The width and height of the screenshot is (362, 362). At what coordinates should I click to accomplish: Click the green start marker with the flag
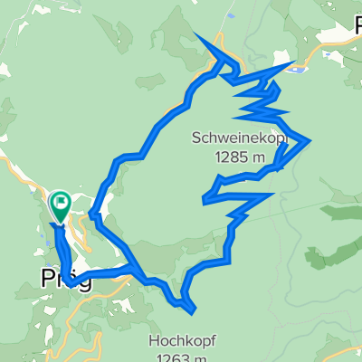(61, 205)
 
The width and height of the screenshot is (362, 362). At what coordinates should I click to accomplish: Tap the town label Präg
(67, 278)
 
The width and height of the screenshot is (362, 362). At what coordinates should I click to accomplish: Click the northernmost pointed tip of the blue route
(195, 33)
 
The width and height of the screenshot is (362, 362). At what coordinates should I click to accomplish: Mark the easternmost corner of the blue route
(310, 140)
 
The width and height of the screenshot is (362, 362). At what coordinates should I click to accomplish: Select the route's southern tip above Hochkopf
(193, 312)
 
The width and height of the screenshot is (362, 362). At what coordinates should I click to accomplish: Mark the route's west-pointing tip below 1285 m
(207, 196)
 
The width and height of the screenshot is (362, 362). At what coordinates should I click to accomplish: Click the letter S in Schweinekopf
(195, 138)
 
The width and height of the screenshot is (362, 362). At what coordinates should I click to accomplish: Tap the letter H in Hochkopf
(151, 341)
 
